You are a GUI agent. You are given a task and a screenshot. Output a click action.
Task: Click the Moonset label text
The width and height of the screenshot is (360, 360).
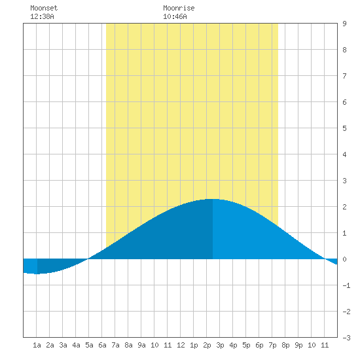pos(44,8)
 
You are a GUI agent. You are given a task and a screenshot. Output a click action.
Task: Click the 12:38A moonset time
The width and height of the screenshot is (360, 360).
pos(42,16)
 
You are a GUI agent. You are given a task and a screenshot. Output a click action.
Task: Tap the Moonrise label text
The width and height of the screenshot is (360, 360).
pos(179,8)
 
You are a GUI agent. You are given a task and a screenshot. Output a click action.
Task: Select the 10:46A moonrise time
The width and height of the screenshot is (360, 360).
pos(175,16)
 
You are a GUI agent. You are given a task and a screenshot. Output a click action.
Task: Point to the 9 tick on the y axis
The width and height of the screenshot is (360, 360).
pos(344,24)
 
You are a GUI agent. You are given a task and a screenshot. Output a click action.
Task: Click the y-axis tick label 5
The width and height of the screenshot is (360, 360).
pos(344,128)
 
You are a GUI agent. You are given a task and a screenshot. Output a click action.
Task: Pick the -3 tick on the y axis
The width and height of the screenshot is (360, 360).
pos(346,338)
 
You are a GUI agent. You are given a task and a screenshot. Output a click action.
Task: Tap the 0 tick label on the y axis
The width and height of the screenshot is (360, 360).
pos(344,259)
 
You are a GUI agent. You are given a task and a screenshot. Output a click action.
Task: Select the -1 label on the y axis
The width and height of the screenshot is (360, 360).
pos(346,285)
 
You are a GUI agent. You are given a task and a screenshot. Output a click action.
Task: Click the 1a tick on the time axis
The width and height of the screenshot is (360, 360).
pos(37,345)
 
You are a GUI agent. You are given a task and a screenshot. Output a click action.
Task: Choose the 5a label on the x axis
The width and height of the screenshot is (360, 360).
pos(89,345)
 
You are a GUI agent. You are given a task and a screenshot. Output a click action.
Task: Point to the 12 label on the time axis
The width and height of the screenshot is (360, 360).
pos(181,345)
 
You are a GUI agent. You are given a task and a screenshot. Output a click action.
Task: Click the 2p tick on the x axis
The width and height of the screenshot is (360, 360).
pos(207,345)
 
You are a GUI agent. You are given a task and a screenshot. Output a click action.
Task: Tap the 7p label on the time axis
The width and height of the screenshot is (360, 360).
pos(272,345)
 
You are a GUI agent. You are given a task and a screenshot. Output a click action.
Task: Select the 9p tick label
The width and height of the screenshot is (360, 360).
pos(298,345)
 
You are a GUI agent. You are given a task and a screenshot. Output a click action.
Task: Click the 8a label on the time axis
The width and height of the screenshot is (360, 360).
pos(128,345)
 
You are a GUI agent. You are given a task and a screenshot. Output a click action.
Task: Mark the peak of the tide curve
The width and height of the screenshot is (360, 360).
pos(213,199)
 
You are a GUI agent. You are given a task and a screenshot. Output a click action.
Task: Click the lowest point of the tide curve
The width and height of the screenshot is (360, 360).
pos(37,274)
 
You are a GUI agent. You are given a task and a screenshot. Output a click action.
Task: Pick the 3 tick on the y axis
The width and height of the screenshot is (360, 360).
pos(344,181)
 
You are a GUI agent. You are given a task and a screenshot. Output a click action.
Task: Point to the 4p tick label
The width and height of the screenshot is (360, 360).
pos(233,345)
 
